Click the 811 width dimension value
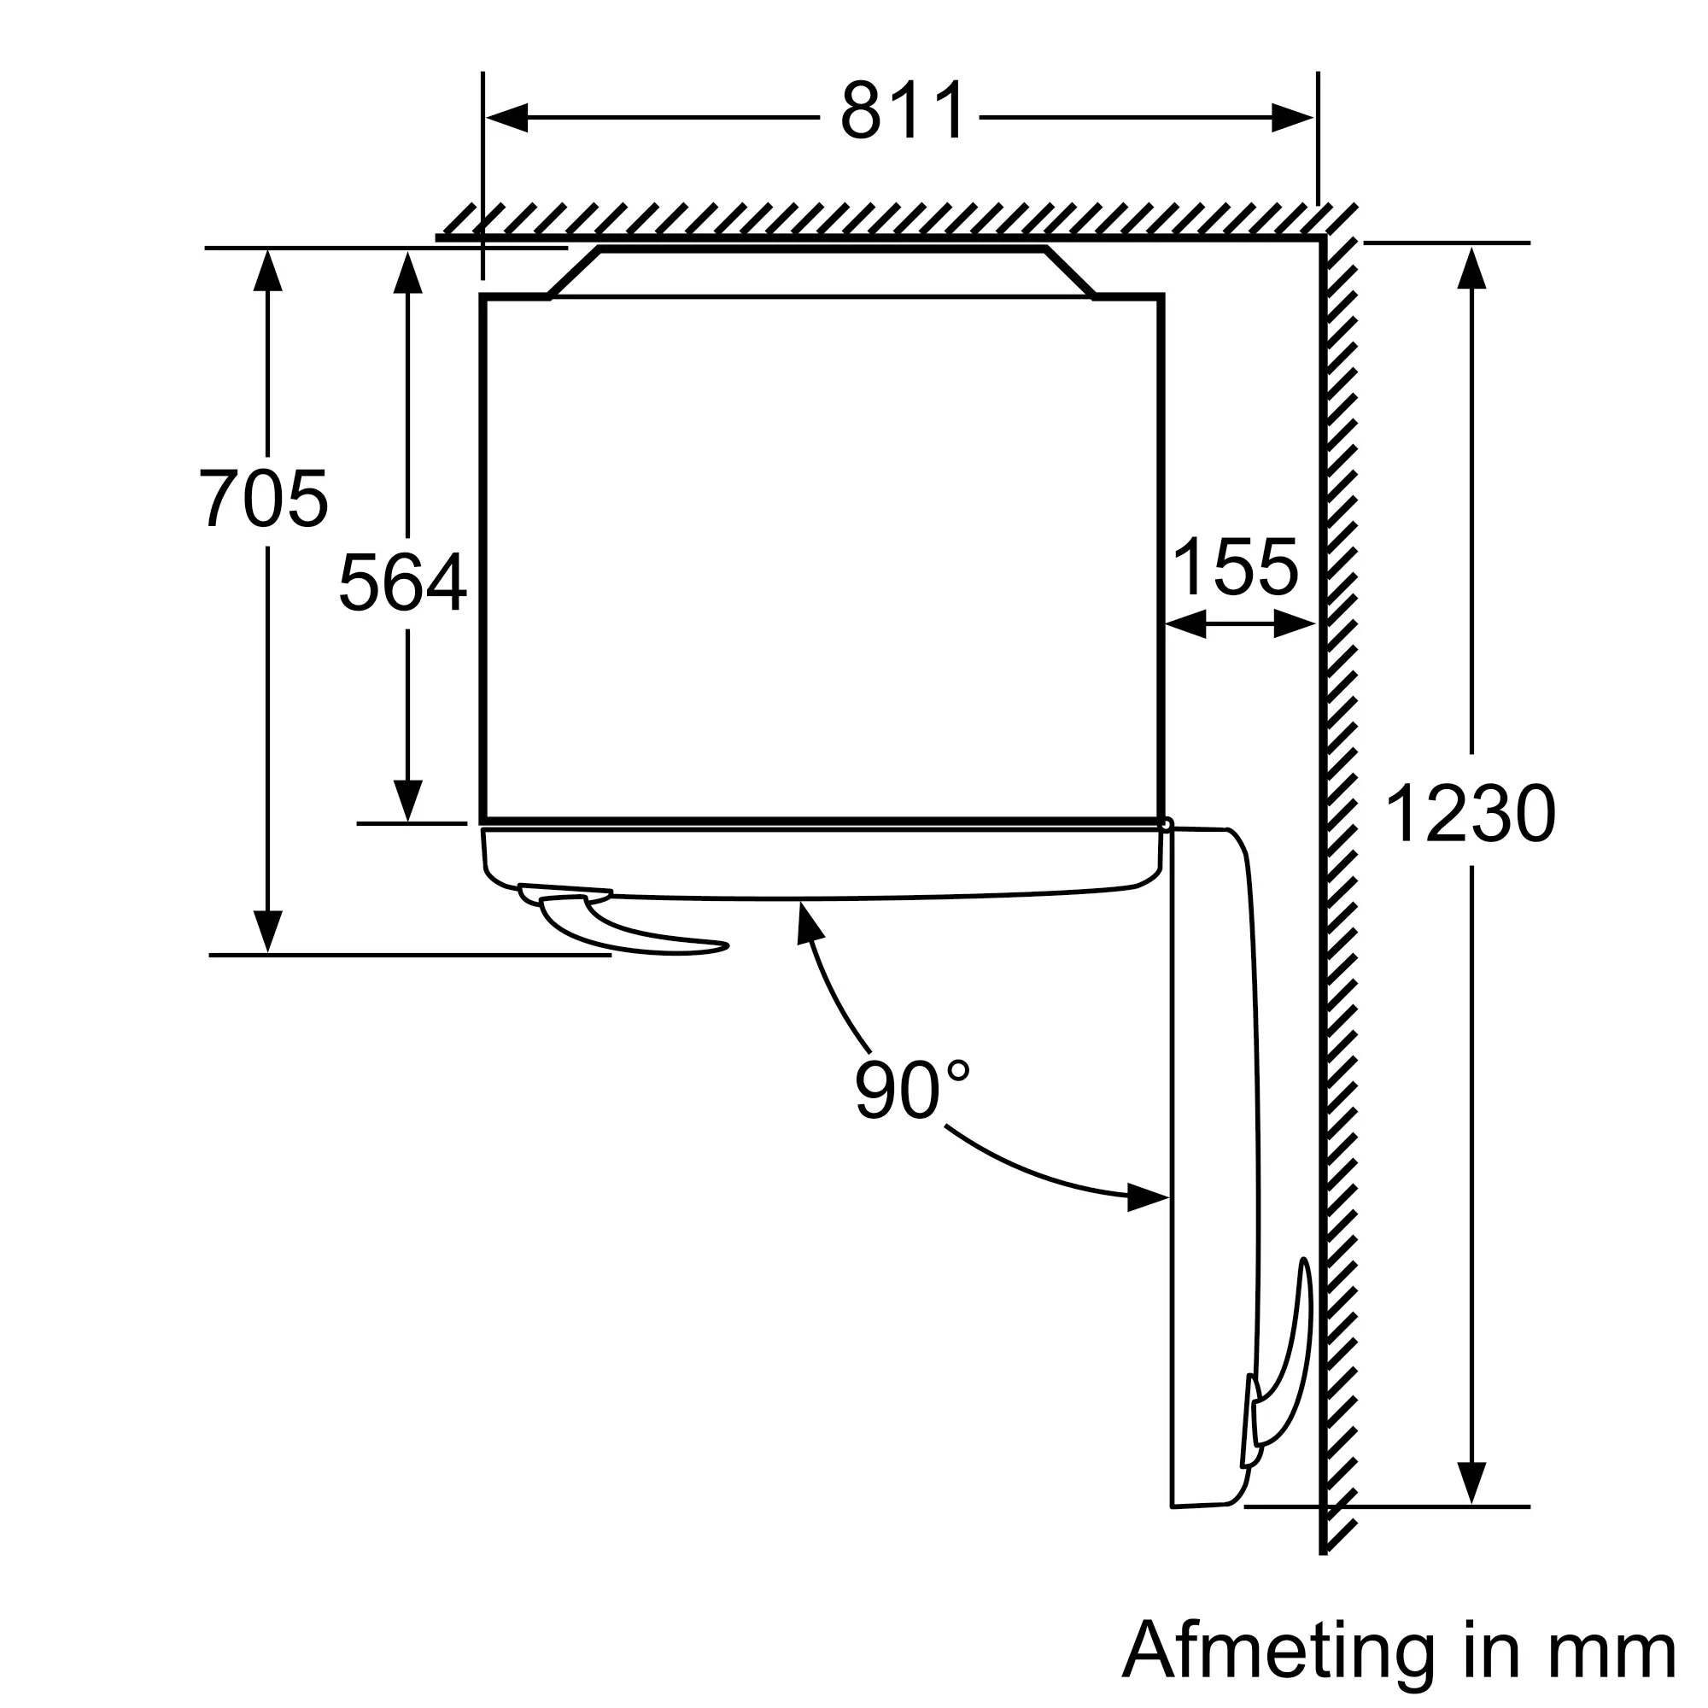pyautogui.click(x=903, y=111)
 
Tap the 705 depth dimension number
pyautogui.click(x=263, y=499)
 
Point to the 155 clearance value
pyautogui.click(x=1235, y=567)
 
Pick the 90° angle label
pyautogui.click(x=912, y=1090)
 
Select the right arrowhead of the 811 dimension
pyautogui.click(x=1292, y=118)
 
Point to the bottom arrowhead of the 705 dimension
pyautogui.click(x=267, y=932)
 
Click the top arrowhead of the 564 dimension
pyautogui.click(x=407, y=272)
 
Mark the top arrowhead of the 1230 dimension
pyautogui.click(x=1471, y=267)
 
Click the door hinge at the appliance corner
pyautogui.click(x=1167, y=825)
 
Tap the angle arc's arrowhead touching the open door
pyautogui.click(x=1149, y=1200)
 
